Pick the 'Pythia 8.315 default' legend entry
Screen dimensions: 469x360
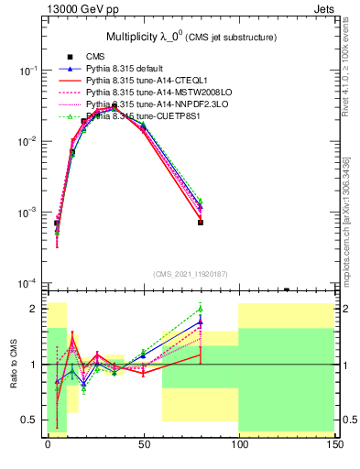pyautogui.click(x=129, y=69)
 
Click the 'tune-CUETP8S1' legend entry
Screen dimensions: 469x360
pyautogui.click(x=137, y=116)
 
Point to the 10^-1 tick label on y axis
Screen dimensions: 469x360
pyautogui.click(x=27, y=71)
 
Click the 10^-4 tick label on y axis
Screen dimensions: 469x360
pyautogui.click(x=27, y=283)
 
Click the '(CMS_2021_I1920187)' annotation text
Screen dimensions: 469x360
pyautogui.click(x=190, y=273)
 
